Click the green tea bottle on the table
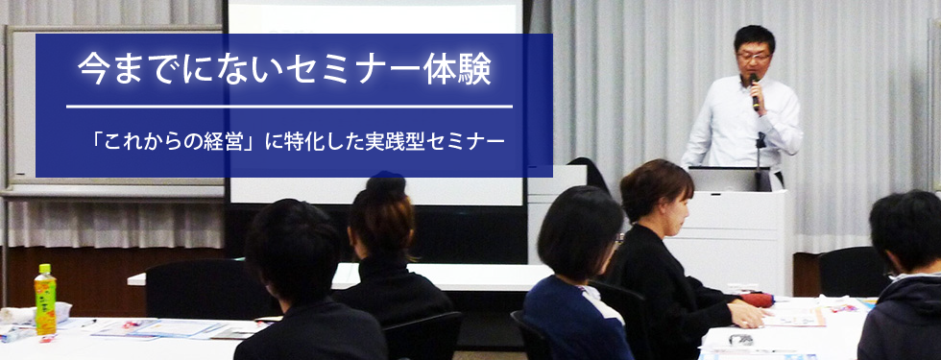(45, 299)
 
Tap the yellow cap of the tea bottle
(45, 268)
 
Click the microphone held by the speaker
(755, 92)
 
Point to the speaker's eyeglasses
(754, 57)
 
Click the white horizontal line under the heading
(289, 107)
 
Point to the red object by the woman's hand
(758, 300)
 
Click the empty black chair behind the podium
(853, 272)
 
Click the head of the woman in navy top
(579, 234)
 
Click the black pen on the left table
(87, 324)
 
